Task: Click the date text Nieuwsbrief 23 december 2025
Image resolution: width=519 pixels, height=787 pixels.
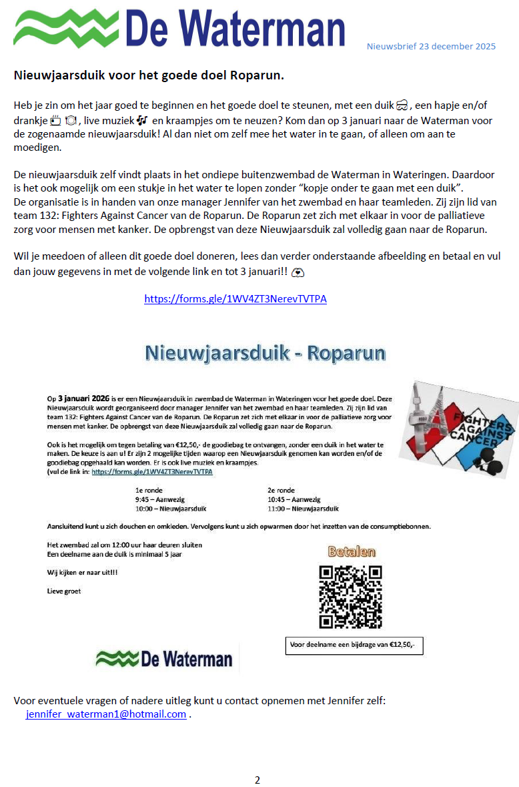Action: pyautogui.click(x=431, y=47)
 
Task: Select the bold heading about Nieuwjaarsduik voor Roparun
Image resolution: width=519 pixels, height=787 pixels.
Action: pyautogui.click(x=149, y=75)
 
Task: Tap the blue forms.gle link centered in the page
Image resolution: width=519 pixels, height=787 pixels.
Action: pyautogui.click(x=235, y=298)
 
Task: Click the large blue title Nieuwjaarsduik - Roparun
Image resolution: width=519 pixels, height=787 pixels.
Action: pyautogui.click(x=265, y=353)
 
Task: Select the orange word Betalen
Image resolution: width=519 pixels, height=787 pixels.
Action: pyautogui.click(x=352, y=552)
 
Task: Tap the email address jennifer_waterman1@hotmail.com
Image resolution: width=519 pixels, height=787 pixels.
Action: pyautogui.click(x=106, y=714)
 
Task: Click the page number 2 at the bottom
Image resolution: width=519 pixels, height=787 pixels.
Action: pyautogui.click(x=257, y=780)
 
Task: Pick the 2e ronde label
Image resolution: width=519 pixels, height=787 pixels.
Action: pyautogui.click(x=280, y=489)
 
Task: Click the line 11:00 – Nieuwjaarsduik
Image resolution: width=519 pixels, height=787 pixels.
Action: pyautogui.click(x=303, y=509)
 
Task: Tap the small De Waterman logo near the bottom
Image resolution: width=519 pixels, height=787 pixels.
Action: pyautogui.click(x=165, y=660)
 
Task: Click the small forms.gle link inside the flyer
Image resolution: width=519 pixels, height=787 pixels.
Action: pyautogui.click(x=152, y=471)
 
